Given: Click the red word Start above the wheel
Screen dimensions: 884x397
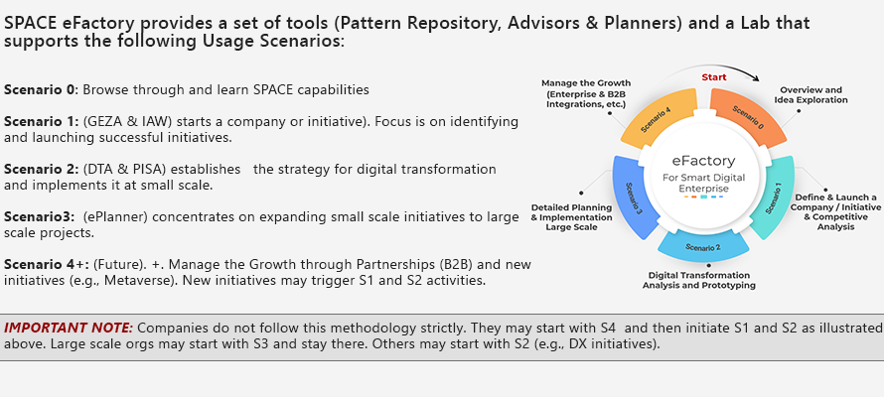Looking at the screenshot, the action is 714,77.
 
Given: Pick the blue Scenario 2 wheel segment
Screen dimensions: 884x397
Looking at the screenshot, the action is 703,246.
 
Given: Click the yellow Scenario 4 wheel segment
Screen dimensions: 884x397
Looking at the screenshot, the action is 660,116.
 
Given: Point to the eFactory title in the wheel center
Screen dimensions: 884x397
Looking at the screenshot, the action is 703,162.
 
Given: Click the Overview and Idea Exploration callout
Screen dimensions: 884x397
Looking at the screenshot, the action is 811,94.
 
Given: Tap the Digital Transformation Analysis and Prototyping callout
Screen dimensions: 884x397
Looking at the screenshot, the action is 699,281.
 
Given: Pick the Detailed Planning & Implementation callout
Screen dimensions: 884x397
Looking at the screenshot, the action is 572,217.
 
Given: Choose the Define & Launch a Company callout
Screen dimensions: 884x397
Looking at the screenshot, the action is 837,212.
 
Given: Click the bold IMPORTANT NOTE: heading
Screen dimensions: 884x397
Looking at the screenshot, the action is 69,328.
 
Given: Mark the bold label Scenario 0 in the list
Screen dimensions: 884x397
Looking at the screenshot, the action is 40,89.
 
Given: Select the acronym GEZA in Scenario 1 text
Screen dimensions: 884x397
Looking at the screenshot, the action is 103,122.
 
